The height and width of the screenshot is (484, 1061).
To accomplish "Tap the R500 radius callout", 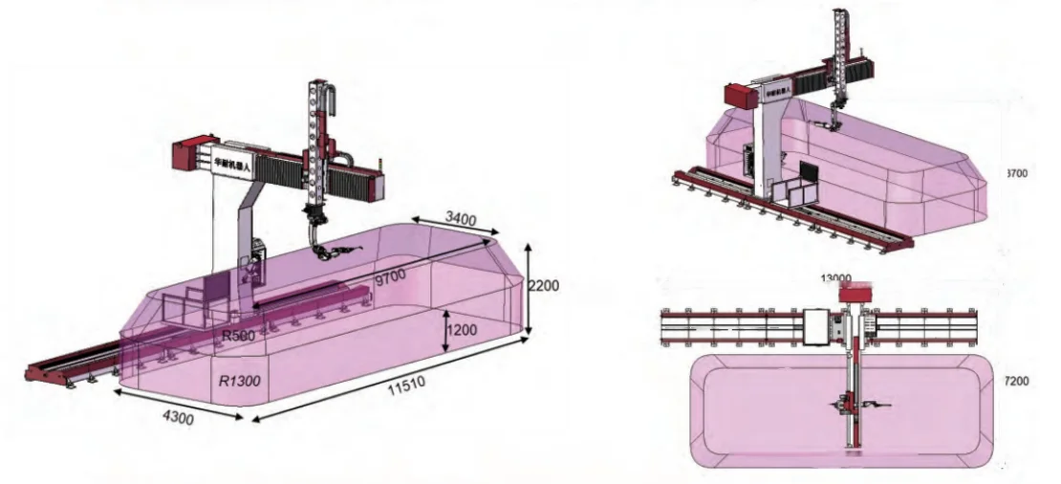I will [236, 336].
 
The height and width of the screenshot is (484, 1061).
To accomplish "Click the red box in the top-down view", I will [857, 294].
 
